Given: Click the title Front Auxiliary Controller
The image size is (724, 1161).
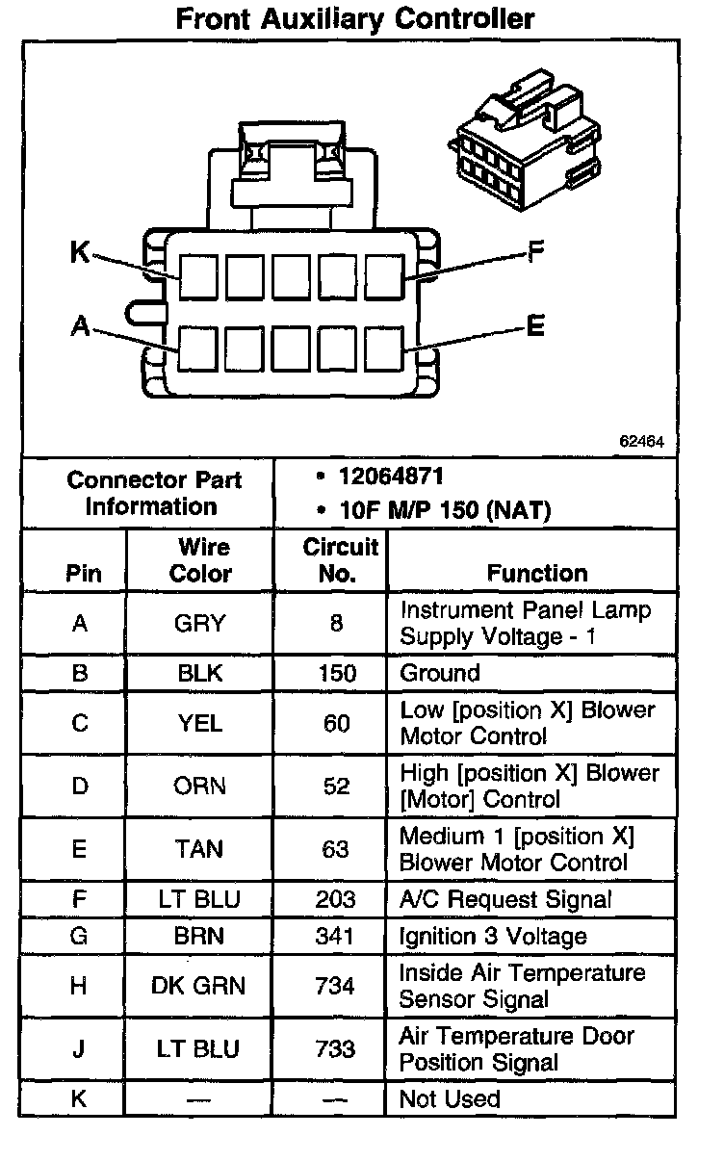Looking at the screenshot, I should (x=355, y=18).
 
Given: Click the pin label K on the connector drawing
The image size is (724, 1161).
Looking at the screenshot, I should (x=80, y=253).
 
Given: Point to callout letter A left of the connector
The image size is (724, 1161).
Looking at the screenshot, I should (x=80, y=327).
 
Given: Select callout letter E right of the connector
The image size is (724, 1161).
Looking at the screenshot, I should (x=535, y=327).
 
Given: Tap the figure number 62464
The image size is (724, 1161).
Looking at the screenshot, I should (x=641, y=442).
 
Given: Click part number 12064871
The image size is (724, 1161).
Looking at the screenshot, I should (x=391, y=477).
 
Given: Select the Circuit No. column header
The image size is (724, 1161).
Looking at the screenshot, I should (x=340, y=560).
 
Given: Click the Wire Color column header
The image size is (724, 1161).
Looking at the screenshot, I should (x=200, y=560).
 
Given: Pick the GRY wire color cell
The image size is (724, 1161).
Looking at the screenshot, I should (x=200, y=623).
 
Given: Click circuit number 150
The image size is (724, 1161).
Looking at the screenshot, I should (x=336, y=673).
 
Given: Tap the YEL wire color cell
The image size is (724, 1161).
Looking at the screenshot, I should (x=200, y=723).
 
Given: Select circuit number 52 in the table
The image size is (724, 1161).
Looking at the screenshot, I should (x=336, y=786).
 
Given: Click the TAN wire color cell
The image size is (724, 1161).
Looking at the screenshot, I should (x=200, y=849).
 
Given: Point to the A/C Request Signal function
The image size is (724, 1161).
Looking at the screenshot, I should (x=505, y=899).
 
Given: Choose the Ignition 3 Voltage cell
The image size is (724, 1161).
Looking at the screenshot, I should (x=493, y=936).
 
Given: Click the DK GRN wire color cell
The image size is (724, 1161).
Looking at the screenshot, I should (x=200, y=986).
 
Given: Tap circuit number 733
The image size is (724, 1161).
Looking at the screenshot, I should (x=336, y=1048).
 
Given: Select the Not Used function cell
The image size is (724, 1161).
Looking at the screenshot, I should (x=450, y=1098).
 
